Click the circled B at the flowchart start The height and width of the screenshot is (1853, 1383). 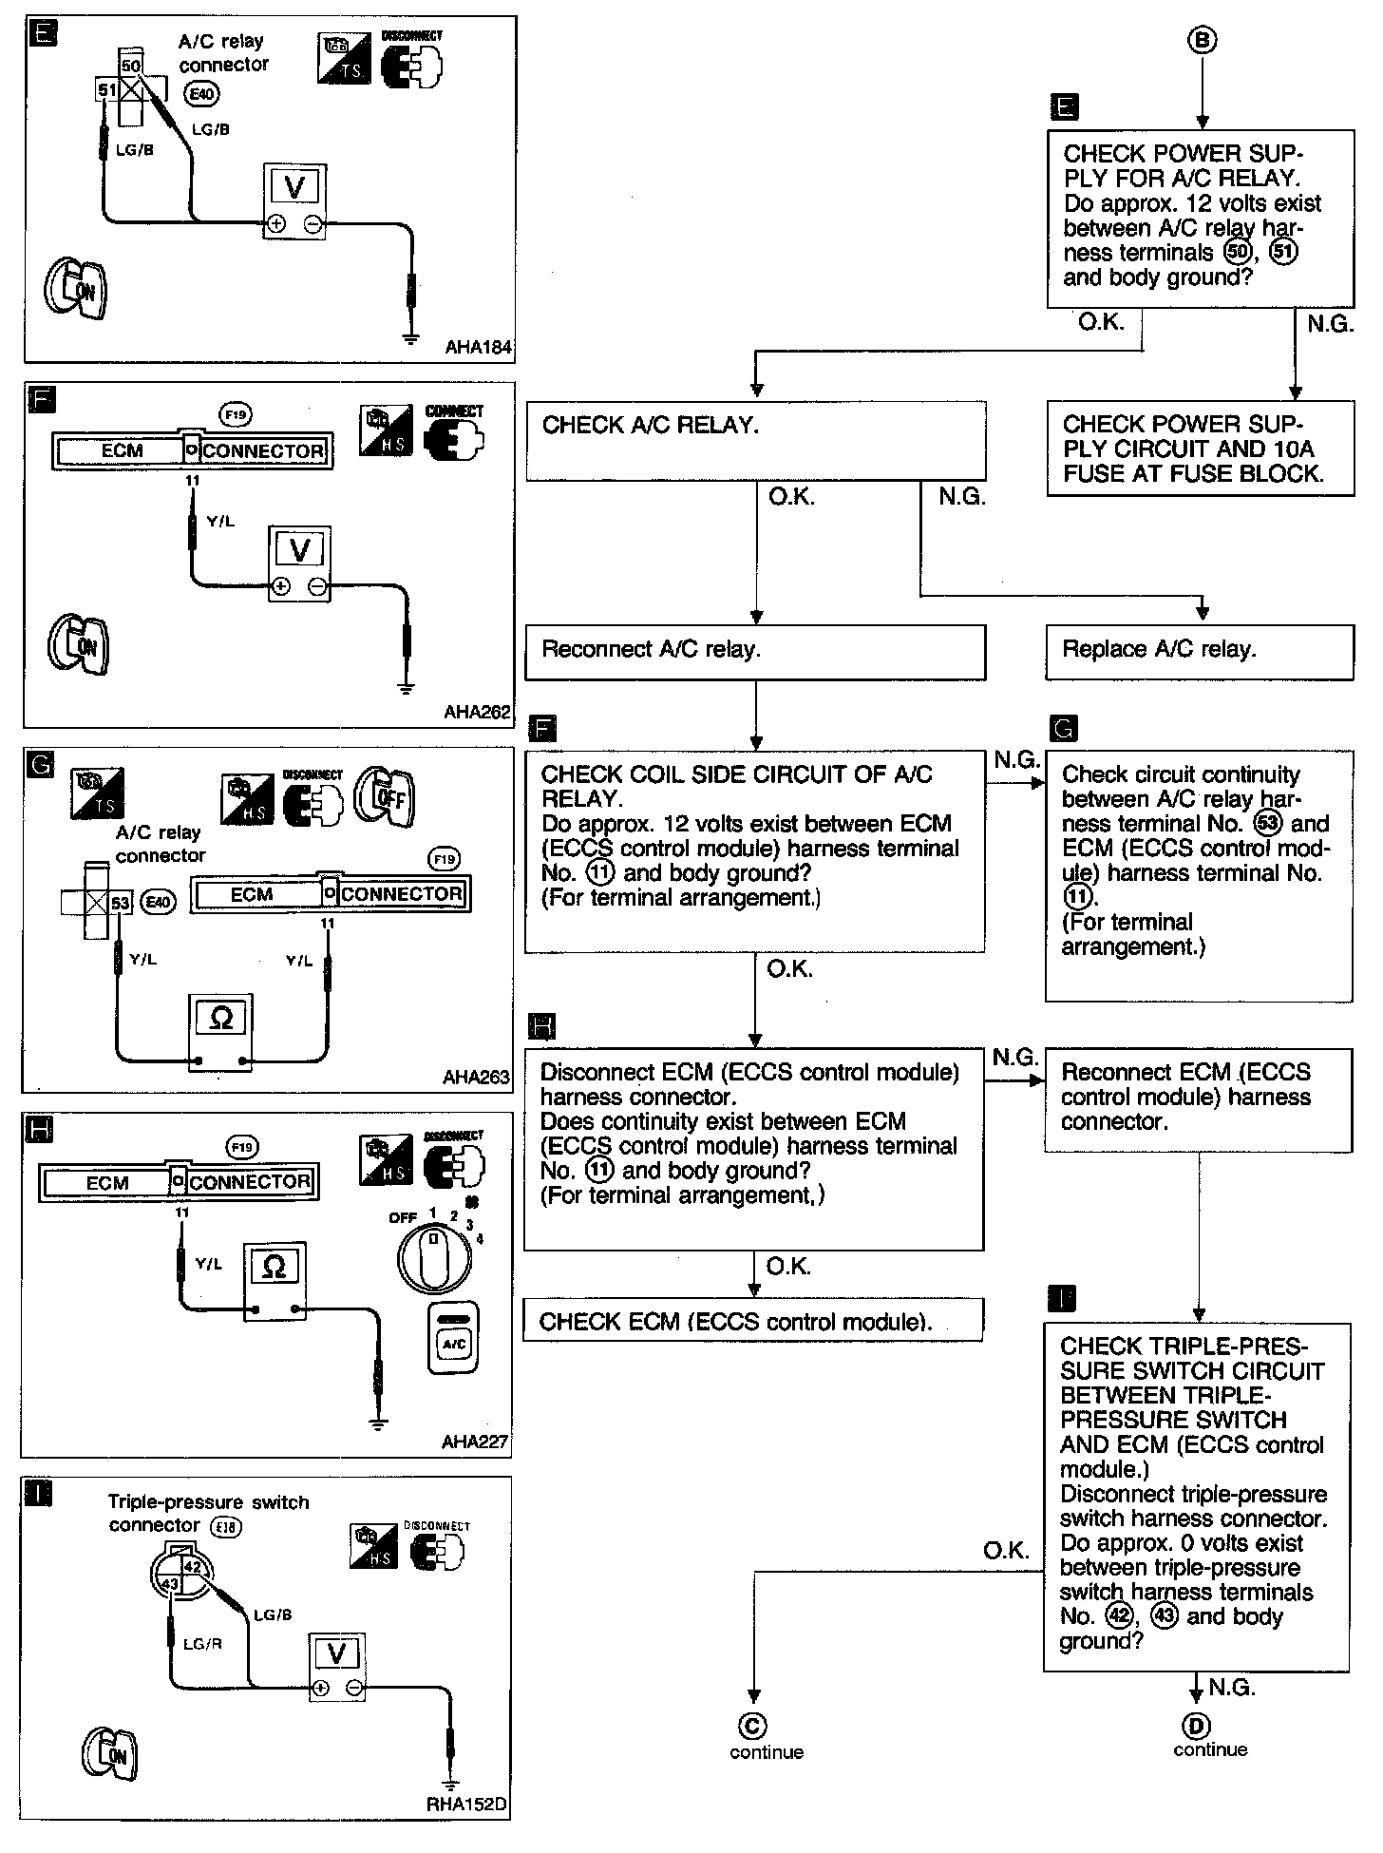click(x=1203, y=39)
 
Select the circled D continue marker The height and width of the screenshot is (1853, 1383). click(x=1196, y=1726)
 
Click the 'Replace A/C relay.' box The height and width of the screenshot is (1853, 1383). click(x=1199, y=651)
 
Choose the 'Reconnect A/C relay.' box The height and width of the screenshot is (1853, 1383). click(x=755, y=652)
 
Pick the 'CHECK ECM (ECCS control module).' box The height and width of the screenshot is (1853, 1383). click(x=753, y=1321)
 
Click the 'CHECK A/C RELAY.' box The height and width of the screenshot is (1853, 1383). click(x=755, y=440)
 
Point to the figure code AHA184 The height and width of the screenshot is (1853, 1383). click(x=479, y=348)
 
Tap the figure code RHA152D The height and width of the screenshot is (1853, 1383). click(x=466, y=1805)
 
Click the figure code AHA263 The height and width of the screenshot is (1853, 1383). click(x=476, y=1078)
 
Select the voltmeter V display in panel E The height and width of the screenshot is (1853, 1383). click(x=294, y=187)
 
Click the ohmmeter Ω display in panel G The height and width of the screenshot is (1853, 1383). click(x=220, y=1019)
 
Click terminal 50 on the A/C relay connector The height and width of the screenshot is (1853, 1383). click(x=131, y=66)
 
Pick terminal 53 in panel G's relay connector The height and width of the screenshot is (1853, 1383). click(x=120, y=902)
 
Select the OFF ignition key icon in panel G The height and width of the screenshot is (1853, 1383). click(x=385, y=796)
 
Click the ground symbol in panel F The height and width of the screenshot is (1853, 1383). click(x=406, y=689)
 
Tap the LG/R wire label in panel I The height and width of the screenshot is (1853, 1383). click(x=202, y=1643)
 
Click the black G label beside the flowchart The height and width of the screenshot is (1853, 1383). click(x=1065, y=729)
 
